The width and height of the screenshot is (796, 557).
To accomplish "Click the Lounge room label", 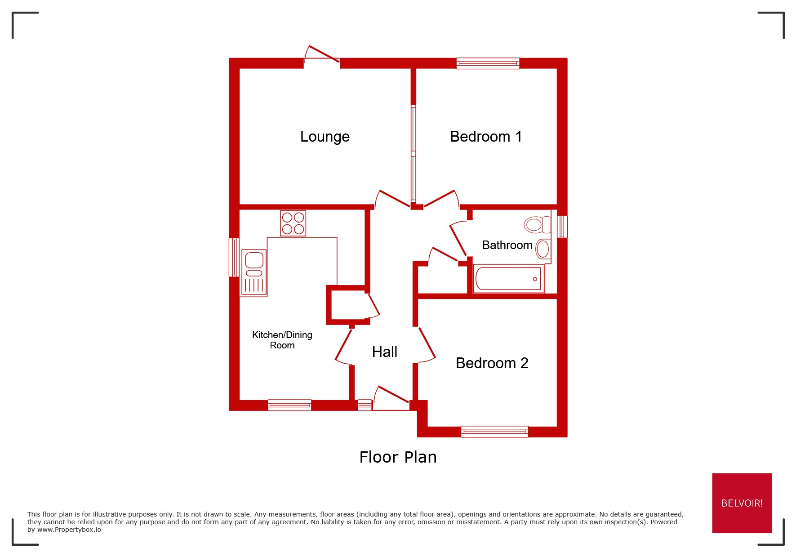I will point(325,137).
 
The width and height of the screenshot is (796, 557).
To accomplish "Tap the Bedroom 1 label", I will point(485,137).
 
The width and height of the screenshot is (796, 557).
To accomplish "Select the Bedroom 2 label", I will point(492,363).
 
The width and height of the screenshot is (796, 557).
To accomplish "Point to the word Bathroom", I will point(507,245).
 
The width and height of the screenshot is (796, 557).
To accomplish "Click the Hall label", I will point(384,352).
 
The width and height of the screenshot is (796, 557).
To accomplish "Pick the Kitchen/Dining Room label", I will point(282,340).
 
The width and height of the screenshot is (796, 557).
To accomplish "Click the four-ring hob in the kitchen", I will point(293,223).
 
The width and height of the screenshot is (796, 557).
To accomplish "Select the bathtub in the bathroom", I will point(508,279).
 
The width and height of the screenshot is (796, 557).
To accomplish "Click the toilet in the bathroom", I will point(537,224).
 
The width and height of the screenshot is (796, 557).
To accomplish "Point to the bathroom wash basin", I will point(543,249).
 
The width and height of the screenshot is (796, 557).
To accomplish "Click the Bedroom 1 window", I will point(488,63).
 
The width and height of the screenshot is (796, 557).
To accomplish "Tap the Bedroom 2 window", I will point(494,432).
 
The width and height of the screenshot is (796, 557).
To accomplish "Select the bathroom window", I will point(562,227).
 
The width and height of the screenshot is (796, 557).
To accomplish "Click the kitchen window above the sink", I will point(234,257).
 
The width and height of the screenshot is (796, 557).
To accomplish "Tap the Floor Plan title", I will point(398,457).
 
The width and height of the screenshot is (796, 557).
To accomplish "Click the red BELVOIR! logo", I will point(742,503).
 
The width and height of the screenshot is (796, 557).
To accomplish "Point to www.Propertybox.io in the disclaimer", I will point(69,530).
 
